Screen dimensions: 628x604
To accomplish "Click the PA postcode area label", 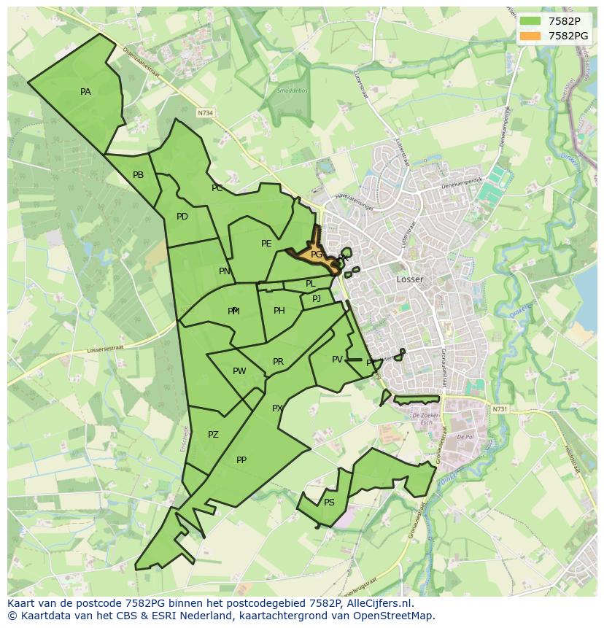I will coord(85,92).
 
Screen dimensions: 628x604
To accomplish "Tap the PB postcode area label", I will coord(138,175).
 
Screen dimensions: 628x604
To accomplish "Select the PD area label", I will coord(182,217).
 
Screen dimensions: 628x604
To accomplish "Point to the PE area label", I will coord(266,244).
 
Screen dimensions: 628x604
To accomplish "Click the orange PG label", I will coord(317,255).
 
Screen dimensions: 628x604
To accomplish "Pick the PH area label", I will coord(279,311).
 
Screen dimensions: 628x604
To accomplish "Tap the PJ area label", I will coord(317,299).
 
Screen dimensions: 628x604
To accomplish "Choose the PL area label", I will coord(310,284).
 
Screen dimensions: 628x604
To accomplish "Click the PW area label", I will coord(239,371).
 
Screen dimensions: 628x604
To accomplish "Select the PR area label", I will coord(278,362).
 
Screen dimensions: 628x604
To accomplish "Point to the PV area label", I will coord(337,360).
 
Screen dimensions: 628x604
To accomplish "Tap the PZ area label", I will coord(213,435).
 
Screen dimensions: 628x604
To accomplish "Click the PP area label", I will coord(241,460).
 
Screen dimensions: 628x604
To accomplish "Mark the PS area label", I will coord(329,503).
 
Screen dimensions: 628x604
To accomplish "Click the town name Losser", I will coord(410,279).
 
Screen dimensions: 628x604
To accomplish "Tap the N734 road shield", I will coord(206,113).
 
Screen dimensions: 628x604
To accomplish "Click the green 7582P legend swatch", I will coord(530,20).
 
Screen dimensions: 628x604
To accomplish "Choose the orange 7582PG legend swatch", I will coord(530,36).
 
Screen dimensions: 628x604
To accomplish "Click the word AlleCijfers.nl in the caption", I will coord(380,604).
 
